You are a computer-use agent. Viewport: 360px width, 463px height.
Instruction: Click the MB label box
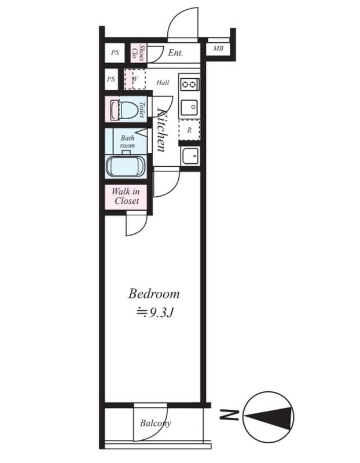pos(218,49)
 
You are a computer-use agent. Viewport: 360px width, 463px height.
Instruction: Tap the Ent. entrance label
pos(175,53)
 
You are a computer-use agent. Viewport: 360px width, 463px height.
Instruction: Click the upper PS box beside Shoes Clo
pos(115,53)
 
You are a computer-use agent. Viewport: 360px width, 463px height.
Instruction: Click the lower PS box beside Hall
pos(111,79)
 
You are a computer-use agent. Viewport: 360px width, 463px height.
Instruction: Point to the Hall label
pos(163,83)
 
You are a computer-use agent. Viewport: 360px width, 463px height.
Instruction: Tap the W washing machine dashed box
pos(134,79)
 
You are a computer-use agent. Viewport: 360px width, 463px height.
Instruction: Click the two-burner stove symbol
pos(189,84)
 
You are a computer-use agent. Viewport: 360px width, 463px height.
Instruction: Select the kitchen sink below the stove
pos(189,107)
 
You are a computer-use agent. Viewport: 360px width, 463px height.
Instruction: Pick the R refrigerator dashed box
pos(189,130)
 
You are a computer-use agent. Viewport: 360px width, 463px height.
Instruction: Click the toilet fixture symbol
pos(124,109)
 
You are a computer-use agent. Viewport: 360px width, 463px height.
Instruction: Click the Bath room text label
pos(127,142)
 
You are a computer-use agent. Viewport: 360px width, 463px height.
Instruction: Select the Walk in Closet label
pos(127,197)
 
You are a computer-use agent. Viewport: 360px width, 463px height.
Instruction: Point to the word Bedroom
pos(154,293)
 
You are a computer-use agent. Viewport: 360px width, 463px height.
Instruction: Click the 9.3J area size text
pos(155,313)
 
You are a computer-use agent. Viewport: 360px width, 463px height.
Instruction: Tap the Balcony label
pos(155,424)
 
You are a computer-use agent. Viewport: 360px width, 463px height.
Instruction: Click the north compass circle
pos(268,416)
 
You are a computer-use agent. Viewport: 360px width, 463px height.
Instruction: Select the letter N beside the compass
pos(229,414)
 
